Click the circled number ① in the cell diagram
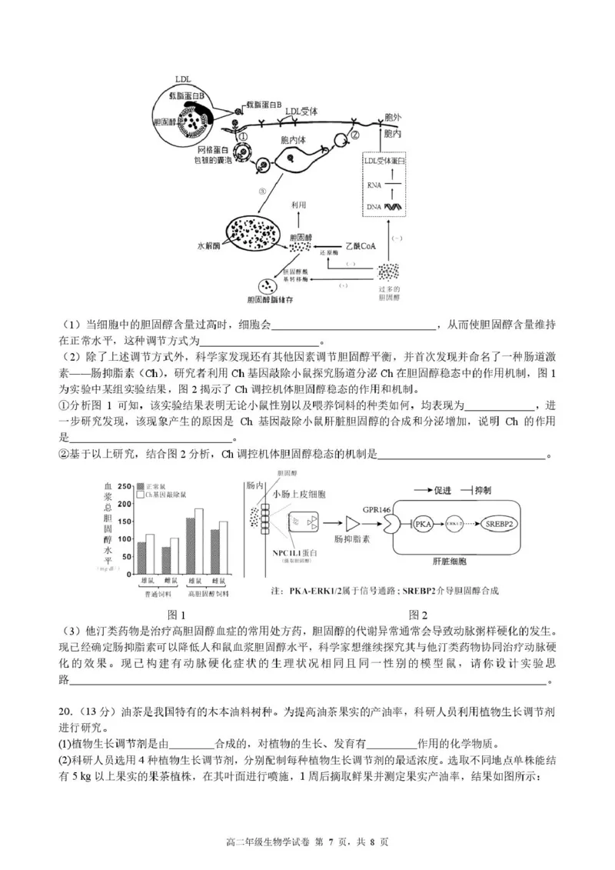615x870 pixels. (243, 135)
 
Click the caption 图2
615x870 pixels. (418, 615)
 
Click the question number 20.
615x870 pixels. (65, 708)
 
